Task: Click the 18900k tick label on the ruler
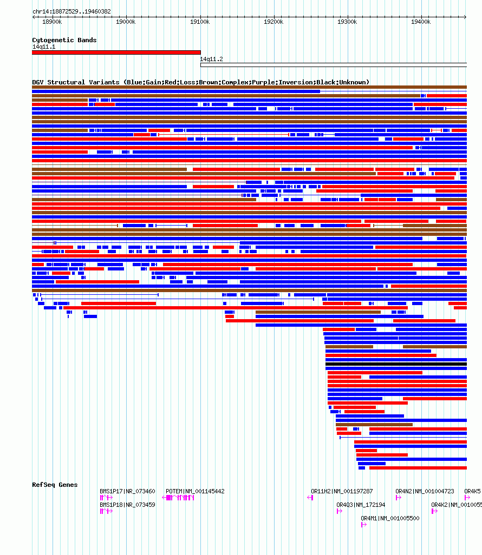(52, 22)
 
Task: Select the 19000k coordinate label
(126, 22)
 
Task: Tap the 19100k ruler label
(200, 22)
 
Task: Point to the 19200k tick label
(273, 22)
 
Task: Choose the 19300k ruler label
(347, 22)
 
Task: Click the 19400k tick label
(421, 22)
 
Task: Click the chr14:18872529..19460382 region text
(71, 11)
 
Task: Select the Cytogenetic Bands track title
(64, 40)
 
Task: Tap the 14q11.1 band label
(43, 47)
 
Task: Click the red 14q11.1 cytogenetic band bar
(116, 52)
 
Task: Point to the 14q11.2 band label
(211, 59)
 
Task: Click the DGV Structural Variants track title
(200, 82)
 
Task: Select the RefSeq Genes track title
(55, 485)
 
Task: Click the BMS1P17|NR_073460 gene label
(127, 491)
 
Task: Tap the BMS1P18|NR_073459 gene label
(127, 505)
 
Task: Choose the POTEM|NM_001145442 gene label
(195, 491)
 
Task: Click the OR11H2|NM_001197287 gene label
(342, 491)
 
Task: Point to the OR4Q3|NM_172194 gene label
(361, 505)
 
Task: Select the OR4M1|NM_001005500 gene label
(390, 518)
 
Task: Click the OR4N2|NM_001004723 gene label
(425, 491)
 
